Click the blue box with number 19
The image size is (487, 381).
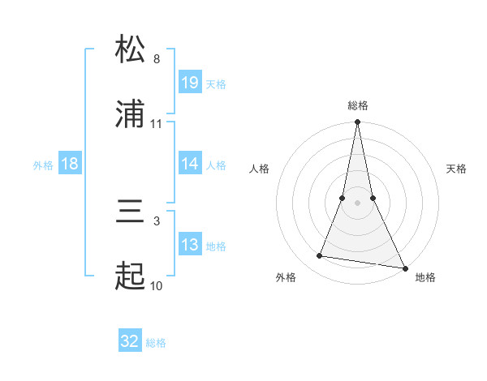pos(190,83)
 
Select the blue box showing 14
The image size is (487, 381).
pos(190,164)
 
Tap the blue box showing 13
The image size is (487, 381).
pos(190,245)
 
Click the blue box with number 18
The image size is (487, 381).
pos(70,164)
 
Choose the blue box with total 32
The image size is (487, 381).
pos(130,341)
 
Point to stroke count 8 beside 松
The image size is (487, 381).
pos(157,59)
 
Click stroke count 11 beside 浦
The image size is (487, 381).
pos(157,124)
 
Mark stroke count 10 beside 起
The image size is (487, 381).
pos(157,286)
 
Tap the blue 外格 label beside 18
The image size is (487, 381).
pos(43,165)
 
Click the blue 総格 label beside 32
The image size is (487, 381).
pos(156,343)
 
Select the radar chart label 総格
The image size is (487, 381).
pos(358,105)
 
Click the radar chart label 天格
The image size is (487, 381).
pos(457,169)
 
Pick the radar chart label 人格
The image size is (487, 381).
pos(259,169)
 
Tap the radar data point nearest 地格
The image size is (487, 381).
pos(404,267)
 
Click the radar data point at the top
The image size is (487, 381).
pos(357,123)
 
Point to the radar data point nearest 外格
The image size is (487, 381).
pos(320,256)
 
